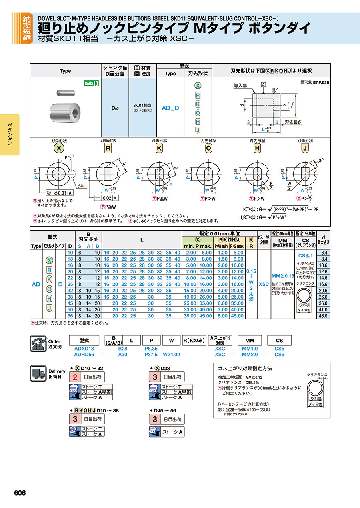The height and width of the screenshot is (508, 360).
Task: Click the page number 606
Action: click(x=20, y=493)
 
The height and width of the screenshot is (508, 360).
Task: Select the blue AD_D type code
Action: click(x=170, y=108)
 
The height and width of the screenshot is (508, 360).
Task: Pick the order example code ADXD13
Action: click(x=84, y=349)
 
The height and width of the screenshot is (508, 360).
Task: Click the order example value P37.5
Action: click(x=152, y=354)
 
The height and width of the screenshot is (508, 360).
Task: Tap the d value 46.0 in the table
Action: click(x=323, y=316)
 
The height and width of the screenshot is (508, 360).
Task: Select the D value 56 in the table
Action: click(x=70, y=316)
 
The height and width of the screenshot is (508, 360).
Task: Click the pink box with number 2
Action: click(x=75, y=377)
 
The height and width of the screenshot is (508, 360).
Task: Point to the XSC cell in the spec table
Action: click(x=264, y=284)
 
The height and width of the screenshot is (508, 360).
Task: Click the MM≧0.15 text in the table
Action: click(x=283, y=276)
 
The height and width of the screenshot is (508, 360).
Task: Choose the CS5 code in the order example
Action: click(x=279, y=349)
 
